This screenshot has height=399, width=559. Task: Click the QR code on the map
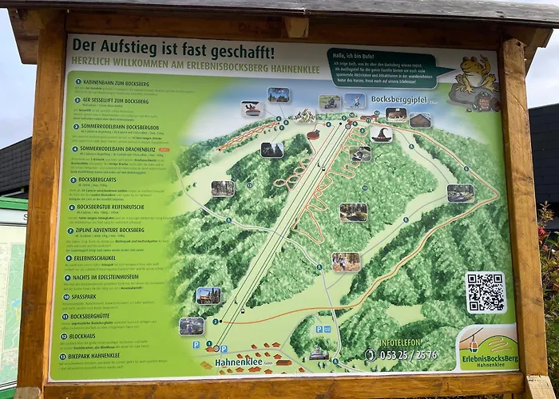point(486,293)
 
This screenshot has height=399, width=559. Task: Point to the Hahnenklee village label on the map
point(240,361)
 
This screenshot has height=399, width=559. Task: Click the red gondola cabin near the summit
point(313,134)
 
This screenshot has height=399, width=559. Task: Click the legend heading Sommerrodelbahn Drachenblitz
point(116,148)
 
